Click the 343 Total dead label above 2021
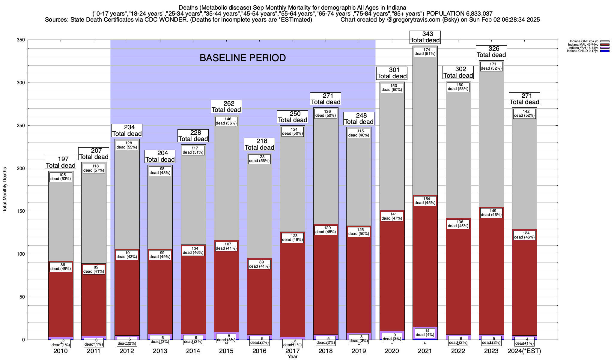pyautogui.click(x=425, y=37)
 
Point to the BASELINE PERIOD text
pyautogui.click(x=243, y=58)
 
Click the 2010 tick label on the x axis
pyautogui.click(x=61, y=351)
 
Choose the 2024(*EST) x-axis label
pyautogui.click(x=524, y=351)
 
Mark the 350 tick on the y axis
pyautogui.click(x=21, y=40)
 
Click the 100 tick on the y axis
pyautogui.click(x=21, y=254)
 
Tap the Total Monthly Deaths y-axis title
pyautogui.click(x=5, y=194)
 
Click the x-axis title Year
pyautogui.click(x=292, y=356)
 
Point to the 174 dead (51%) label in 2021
pyautogui.click(x=425, y=52)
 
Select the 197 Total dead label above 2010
pyautogui.click(x=61, y=162)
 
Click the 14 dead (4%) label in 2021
pyautogui.click(x=425, y=333)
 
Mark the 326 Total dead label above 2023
pyautogui.click(x=491, y=52)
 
